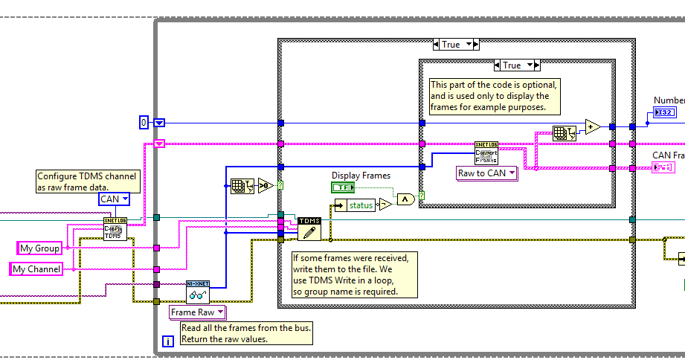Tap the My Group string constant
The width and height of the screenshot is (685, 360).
(x=39, y=248)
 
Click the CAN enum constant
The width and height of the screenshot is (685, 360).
(x=115, y=199)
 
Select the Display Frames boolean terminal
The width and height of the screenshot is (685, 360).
(x=343, y=188)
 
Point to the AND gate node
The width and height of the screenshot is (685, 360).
(x=405, y=199)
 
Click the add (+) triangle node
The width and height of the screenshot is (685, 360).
(x=592, y=127)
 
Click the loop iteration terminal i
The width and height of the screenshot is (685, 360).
(x=167, y=341)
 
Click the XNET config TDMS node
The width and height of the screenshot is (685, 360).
(x=115, y=228)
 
